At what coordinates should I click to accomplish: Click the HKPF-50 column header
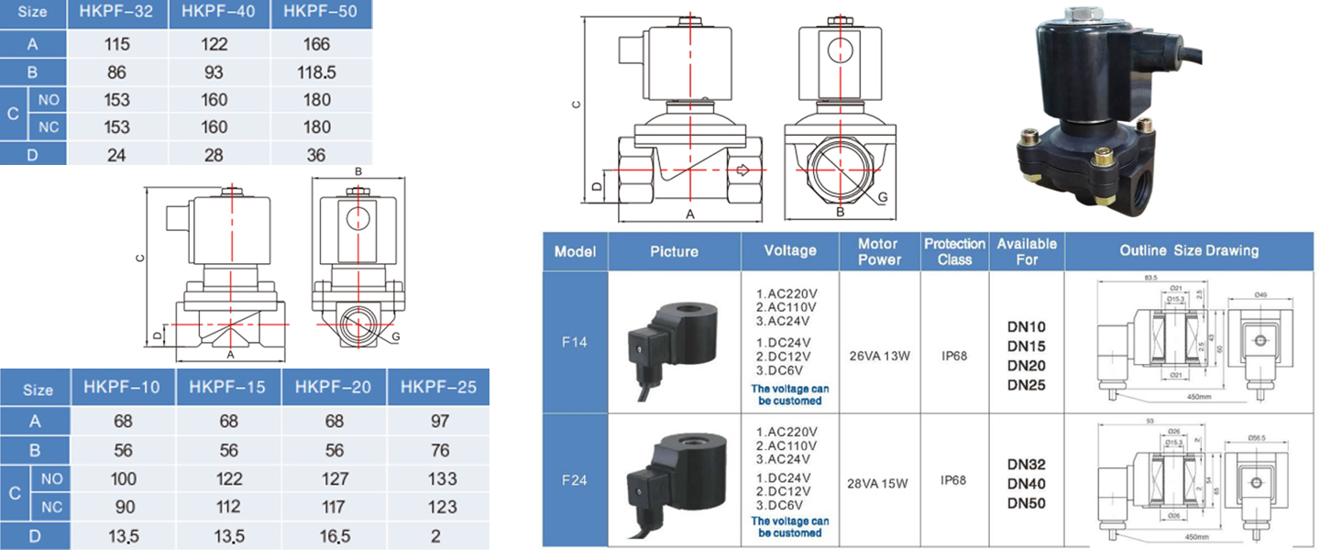click(317, 13)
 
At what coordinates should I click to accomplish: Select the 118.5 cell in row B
click(317, 71)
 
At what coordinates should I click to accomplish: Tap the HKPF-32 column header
click(116, 13)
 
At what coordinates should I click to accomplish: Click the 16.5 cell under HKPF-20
click(334, 535)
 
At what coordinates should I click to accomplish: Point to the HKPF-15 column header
click(227, 388)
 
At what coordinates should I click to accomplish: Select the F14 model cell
click(575, 342)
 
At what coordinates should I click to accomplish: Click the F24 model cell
click(575, 479)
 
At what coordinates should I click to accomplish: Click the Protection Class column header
click(954, 251)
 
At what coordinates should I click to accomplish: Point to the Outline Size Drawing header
click(1189, 250)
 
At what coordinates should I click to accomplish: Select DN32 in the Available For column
click(1026, 465)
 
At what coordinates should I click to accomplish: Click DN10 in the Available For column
click(1026, 326)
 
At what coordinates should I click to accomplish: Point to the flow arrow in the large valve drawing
click(742, 170)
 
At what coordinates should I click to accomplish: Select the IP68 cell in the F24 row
click(953, 480)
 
